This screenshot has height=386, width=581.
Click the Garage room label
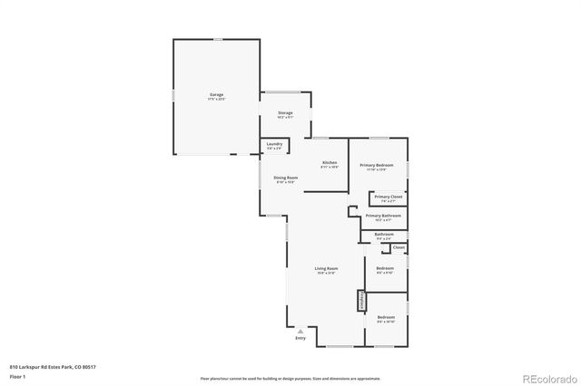click(216, 94)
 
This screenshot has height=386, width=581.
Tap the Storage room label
click(285, 112)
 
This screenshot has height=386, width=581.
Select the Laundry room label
click(274, 144)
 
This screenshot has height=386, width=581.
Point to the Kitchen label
click(330, 163)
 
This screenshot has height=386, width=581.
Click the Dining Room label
click(286, 178)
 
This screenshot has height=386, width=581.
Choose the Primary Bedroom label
click(378, 165)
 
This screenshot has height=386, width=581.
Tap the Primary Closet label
click(389, 197)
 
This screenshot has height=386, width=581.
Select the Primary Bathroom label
click(384, 216)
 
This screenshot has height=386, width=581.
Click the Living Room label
click(326, 269)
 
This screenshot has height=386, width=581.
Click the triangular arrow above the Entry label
click(300, 331)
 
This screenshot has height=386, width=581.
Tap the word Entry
click(300, 338)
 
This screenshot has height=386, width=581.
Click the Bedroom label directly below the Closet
click(385, 268)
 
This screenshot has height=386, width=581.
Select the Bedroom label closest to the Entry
click(386, 317)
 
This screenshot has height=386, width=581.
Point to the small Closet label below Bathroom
click(399, 247)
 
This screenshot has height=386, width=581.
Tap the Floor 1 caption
click(17, 375)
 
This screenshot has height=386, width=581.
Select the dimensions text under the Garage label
click(216, 99)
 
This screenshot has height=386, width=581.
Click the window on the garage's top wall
click(216, 38)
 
